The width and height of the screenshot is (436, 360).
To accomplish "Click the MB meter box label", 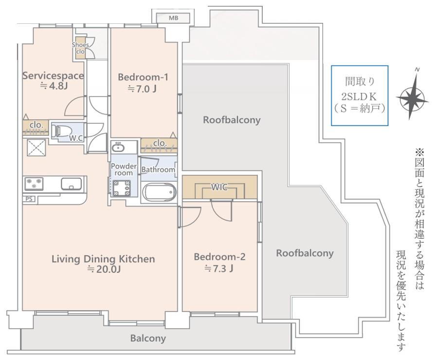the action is [174, 19].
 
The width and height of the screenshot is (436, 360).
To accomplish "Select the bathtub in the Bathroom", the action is [159, 192].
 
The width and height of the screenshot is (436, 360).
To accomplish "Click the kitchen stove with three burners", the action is [34, 184].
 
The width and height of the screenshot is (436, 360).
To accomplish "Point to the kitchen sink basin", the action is [72, 184].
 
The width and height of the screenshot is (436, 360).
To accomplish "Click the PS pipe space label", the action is [29, 199].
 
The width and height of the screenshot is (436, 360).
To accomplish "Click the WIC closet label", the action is [219, 187].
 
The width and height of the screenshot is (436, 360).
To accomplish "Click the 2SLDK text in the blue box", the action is [359, 96].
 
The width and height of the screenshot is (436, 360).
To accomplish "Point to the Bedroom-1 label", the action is [143, 77].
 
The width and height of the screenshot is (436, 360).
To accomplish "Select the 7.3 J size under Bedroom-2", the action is [219, 268].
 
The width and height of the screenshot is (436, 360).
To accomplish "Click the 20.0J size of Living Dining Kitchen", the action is [104, 269].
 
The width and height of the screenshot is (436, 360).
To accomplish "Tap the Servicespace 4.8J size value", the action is [54, 86].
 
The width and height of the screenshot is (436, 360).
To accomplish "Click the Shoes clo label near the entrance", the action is [80, 48].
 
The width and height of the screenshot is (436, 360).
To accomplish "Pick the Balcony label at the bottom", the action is [148, 338].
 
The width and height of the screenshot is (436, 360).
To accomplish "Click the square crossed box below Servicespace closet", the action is [36, 147].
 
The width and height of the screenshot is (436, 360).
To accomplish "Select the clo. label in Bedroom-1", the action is [160, 143].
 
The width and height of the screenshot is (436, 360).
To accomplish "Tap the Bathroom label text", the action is [158, 169].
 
